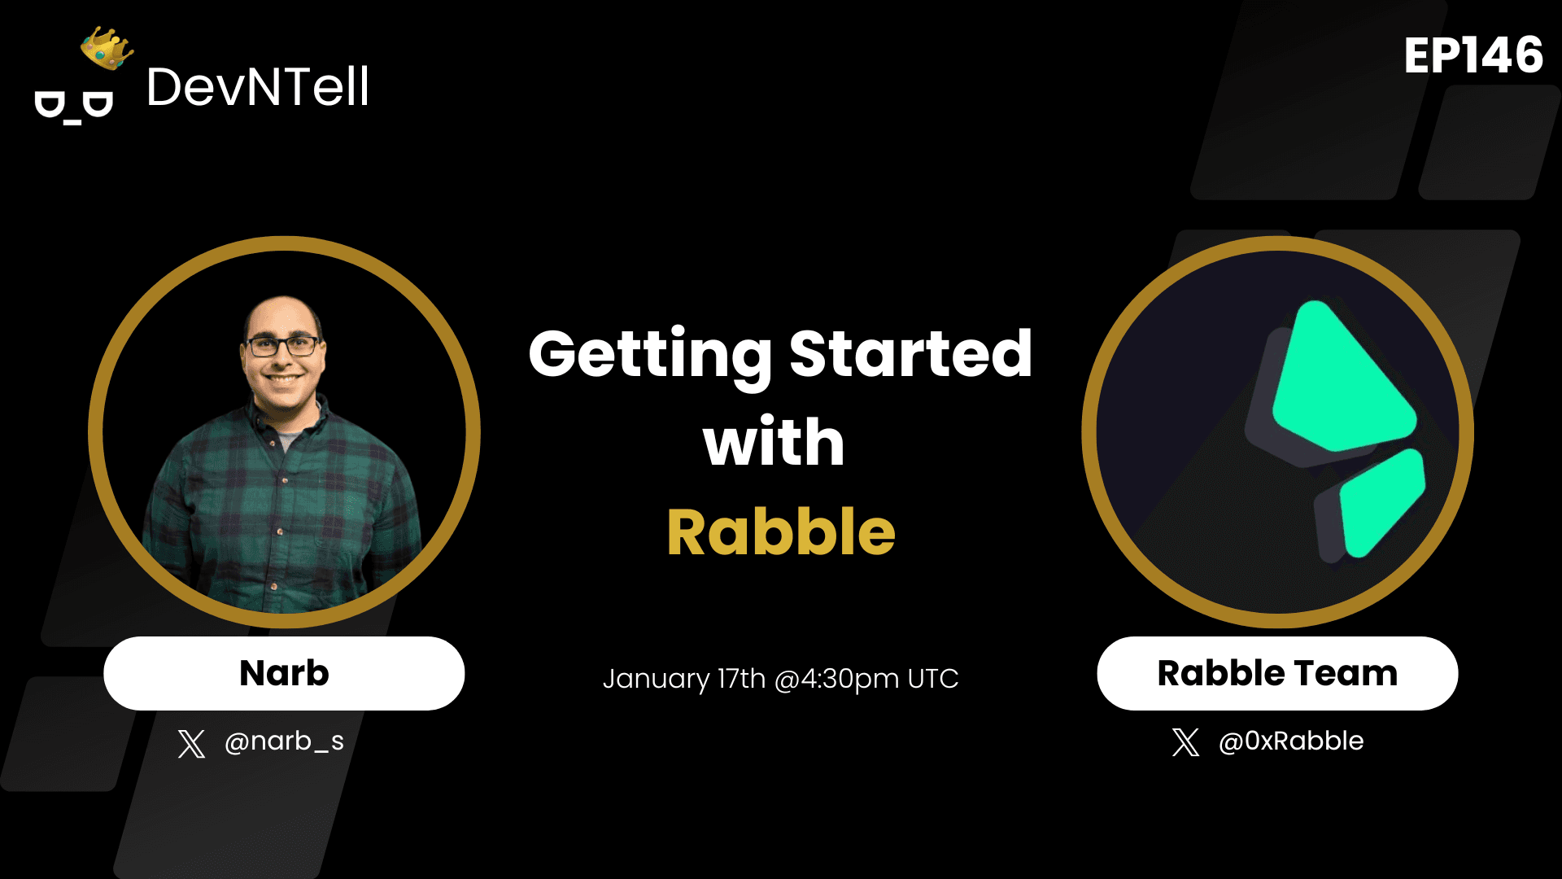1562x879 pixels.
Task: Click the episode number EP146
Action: click(1473, 55)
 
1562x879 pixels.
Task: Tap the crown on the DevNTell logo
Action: click(107, 48)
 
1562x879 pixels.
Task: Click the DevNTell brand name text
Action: click(258, 87)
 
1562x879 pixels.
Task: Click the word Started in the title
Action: click(910, 354)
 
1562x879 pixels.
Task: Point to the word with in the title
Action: click(774, 442)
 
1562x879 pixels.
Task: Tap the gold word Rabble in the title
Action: click(781, 532)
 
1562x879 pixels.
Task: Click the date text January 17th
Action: click(684, 679)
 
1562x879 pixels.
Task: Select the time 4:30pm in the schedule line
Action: click(850, 679)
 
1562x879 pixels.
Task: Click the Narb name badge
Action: click(284, 673)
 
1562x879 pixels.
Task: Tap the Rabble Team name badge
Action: click(1277, 673)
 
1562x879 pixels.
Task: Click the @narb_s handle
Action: click(284, 741)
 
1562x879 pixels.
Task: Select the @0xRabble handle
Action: click(1291, 741)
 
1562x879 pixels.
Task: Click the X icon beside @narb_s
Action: click(191, 743)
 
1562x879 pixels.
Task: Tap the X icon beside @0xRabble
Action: click(1185, 742)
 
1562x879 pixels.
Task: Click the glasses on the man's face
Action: click(282, 346)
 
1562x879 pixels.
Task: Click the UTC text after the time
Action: click(933, 679)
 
